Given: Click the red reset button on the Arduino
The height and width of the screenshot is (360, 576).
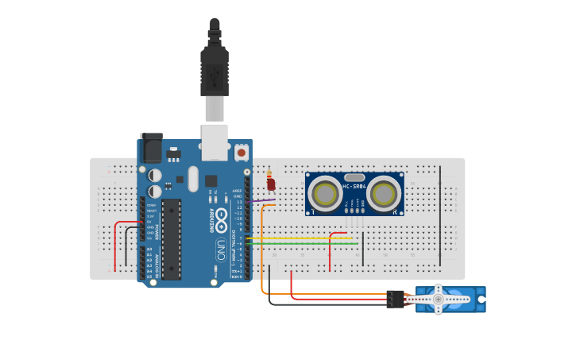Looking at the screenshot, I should click(241, 151).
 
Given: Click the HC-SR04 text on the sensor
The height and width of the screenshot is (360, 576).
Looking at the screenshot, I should click(354, 187).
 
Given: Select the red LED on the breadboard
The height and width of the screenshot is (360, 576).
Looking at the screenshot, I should click(271, 185).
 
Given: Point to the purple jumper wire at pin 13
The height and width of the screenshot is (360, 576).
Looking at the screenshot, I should click(262, 201).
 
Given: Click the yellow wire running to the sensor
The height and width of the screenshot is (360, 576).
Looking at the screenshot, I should click(294, 238).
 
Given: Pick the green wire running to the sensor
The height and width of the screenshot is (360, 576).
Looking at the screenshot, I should click(294, 242).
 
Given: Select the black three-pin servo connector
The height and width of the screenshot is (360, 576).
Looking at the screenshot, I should click(395, 299).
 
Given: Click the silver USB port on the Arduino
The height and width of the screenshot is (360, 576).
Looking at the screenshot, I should click(215, 137).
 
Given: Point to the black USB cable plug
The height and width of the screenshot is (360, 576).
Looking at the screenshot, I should click(215, 72).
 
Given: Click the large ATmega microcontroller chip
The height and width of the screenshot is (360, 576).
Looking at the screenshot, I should click(172, 239).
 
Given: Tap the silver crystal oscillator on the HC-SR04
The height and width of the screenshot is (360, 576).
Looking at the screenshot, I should click(354, 178).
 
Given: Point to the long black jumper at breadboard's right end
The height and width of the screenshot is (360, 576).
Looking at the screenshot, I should click(439, 215).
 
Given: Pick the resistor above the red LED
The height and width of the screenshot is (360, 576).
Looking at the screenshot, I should click(269, 174).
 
